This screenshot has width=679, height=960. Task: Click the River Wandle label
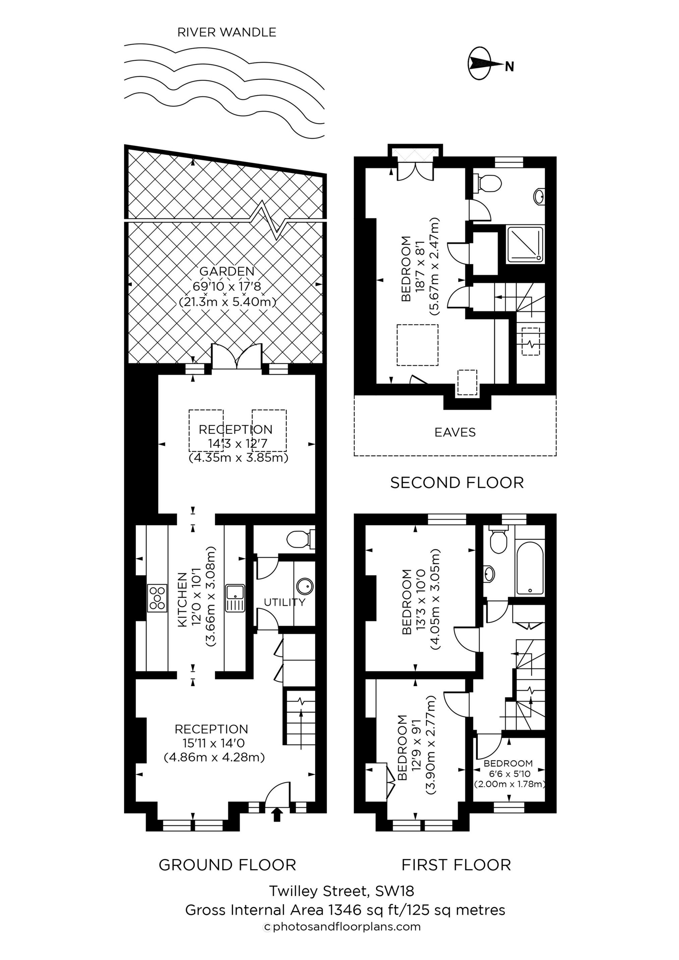[227, 32]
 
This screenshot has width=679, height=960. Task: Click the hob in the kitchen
[157, 598]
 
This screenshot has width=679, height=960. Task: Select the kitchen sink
[235, 598]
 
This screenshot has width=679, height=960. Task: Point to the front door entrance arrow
[277, 815]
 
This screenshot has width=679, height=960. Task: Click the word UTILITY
[284, 602]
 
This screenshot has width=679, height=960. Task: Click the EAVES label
[455, 432]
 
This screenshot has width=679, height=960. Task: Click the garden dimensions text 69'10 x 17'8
[227, 286]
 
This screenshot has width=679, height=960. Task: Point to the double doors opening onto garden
[237, 357]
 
